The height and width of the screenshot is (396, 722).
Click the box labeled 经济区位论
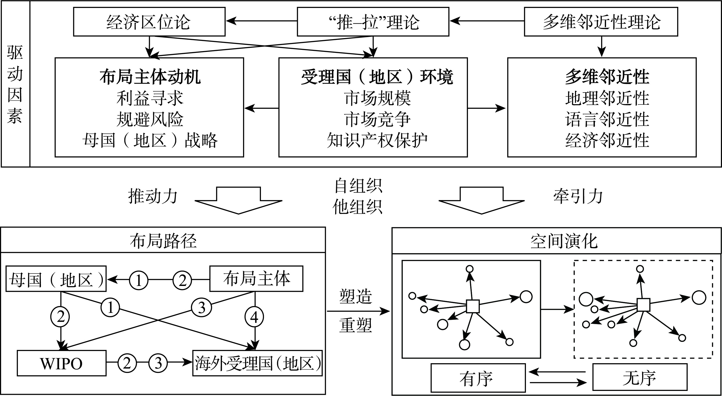(x=149, y=22)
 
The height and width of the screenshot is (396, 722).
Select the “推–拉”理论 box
(x=373, y=22)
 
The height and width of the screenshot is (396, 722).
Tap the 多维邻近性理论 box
(x=601, y=22)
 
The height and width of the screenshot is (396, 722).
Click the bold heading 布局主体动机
(x=150, y=77)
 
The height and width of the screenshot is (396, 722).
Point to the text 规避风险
(x=150, y=119)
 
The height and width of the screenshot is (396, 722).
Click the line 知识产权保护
(x=377, y=140)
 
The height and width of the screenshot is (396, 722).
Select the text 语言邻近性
(x=607, y=119)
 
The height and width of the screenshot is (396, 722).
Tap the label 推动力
(x=153, y=196)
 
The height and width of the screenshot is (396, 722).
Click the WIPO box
(x=62, y=363)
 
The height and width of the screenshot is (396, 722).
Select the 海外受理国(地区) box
(x=257, y=363)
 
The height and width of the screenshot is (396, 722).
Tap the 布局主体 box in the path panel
(x=256, y=279)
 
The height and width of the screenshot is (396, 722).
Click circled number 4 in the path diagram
(x=254, y=317)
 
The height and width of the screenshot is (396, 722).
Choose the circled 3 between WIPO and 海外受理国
(x=158, y=363)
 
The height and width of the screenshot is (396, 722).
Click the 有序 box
(x=478, y=378)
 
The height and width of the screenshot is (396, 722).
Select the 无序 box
(x=640, y=377)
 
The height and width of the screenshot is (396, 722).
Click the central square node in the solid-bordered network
(x=473, y=306)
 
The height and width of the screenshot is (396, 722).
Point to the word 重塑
(x=355, y=325)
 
